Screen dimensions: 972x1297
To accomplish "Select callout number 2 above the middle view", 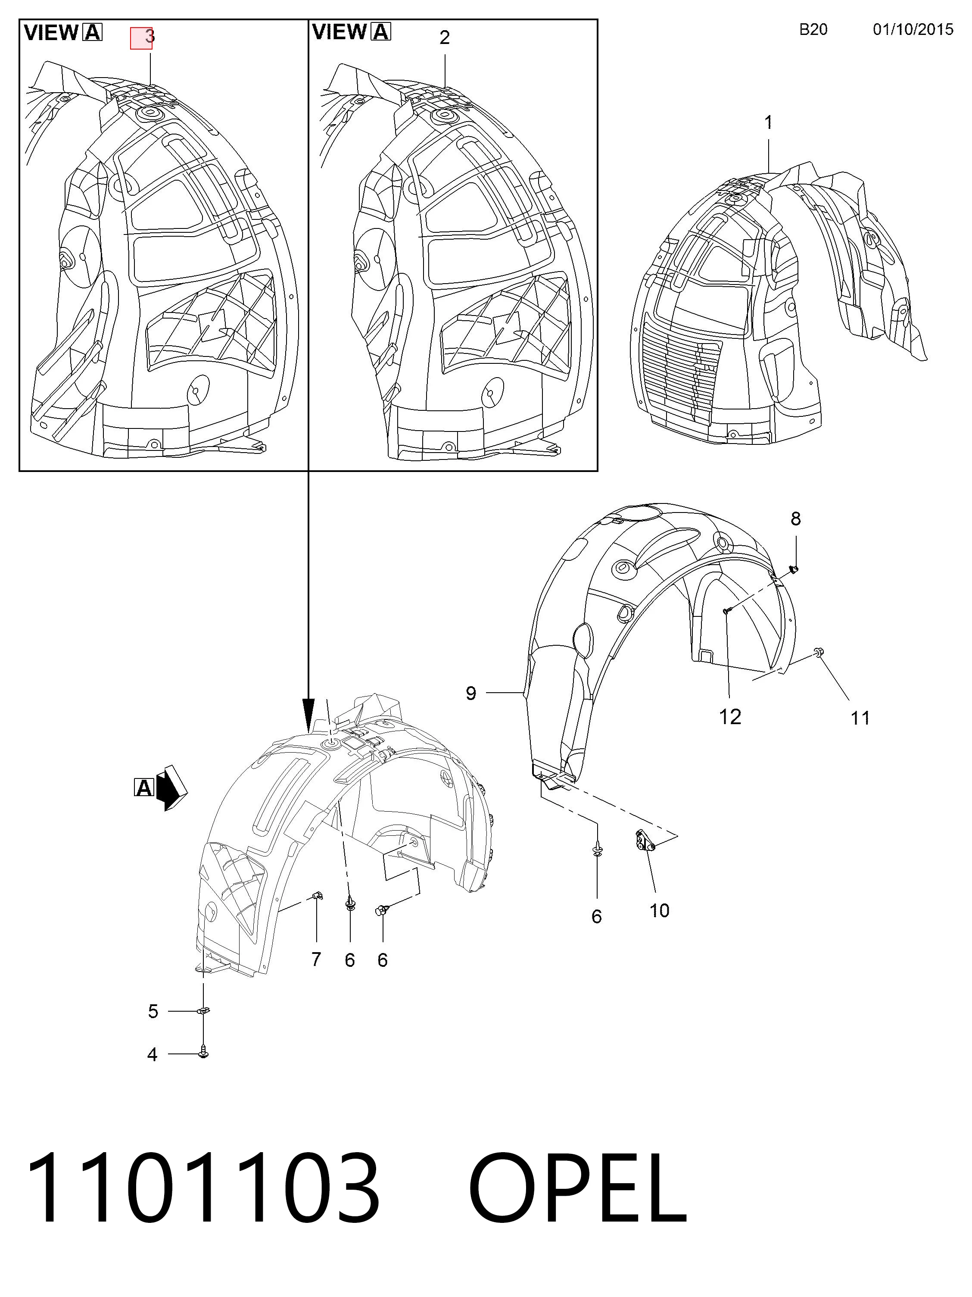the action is [444, 38].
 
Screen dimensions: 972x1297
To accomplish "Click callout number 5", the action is [153, 1012].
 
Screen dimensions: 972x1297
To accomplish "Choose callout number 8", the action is [795, 519].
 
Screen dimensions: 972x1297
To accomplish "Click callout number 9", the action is [471, 693].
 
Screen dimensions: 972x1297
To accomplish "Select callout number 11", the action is [860, 718].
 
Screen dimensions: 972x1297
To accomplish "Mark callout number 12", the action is [730, 716].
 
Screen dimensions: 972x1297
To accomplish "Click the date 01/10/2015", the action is [913, 29].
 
